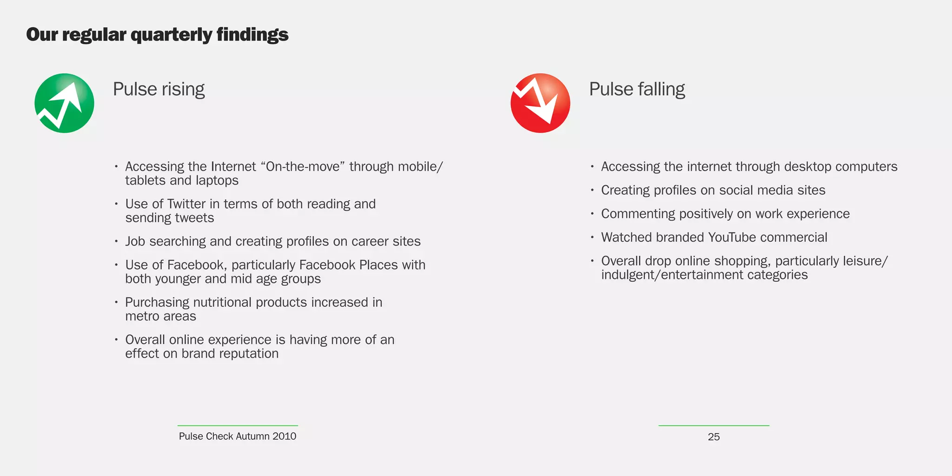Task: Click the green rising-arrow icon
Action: click(x=64, y=103)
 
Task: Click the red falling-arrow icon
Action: click(x=540, y=103)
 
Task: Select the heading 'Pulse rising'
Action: click(x=159, y=89)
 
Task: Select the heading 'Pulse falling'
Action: click(x=637, y=89)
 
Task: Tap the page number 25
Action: click(x=714, y=437)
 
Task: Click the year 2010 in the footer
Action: click(x=284, y=436)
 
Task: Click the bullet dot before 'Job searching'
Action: click(x=116, y=241)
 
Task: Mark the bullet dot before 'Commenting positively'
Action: click(x=592, y=214)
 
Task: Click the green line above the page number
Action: click(x=714, y=425)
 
